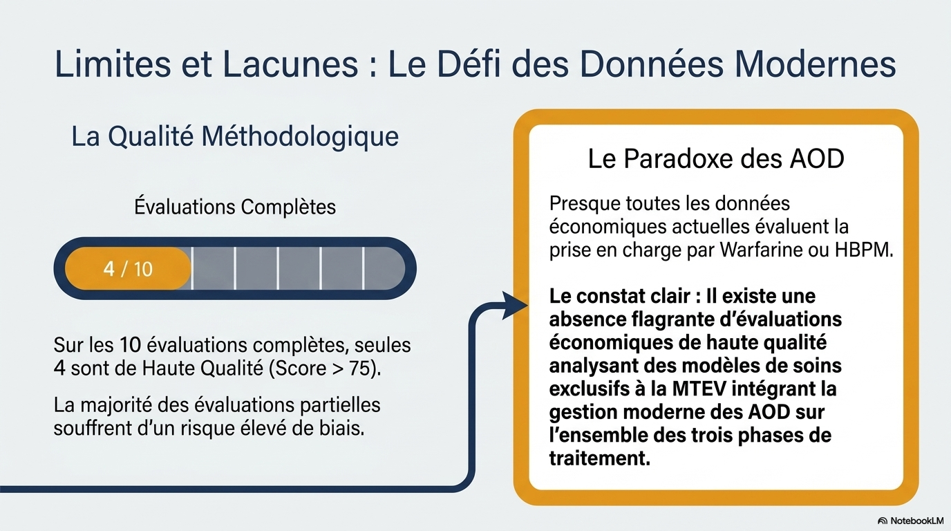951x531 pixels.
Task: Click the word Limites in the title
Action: pos(113,64)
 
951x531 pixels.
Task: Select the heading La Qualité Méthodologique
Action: pos(235,137)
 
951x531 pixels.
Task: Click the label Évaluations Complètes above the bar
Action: pos(235,207)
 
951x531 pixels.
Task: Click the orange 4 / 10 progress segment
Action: pos(128,268)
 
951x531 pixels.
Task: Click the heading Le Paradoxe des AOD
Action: pos(716,159)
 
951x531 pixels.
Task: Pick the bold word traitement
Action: pos(599,458)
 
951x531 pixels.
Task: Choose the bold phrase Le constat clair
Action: pos(619,296)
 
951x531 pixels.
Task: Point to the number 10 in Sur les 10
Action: pos(130,345)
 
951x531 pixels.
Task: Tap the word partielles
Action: pos(340,405)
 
